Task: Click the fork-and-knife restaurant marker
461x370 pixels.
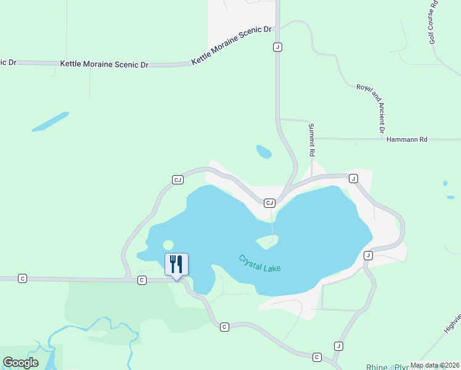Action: [x=176, y=265]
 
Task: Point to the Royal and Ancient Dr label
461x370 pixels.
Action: [x=371, y=108]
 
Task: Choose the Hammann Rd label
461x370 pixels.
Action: [x=407, y=140]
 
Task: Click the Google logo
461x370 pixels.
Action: [x=20, y=362]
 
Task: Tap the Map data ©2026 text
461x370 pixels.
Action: [x=434, y=365]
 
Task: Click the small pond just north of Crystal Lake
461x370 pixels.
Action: [x=264, y=152]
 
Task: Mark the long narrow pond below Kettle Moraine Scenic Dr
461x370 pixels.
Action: [x=51, y=121]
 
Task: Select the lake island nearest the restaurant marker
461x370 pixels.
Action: [x=167, y=245]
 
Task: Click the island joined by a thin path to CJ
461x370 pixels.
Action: [x=267, y=242]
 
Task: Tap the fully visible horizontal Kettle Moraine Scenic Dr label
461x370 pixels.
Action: [x=105, y=64]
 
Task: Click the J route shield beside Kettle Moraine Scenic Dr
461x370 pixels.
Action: [x=278, y=47]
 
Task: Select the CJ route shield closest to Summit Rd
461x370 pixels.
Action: [x=269, y=203]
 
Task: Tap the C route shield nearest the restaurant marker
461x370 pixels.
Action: [x=142, y=280]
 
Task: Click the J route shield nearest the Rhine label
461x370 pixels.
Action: [x=338, y=346]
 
